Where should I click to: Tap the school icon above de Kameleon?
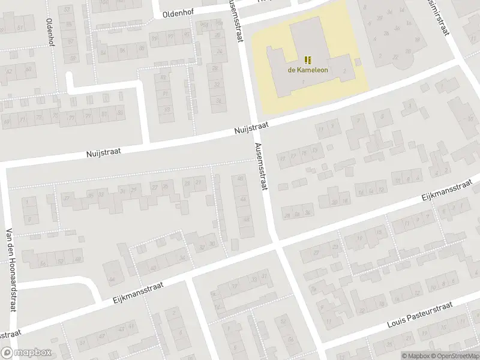point(308,59)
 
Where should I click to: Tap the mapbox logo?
point(26,353)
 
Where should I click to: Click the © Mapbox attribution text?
point(416,355)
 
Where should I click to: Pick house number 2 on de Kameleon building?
point(344,71)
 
